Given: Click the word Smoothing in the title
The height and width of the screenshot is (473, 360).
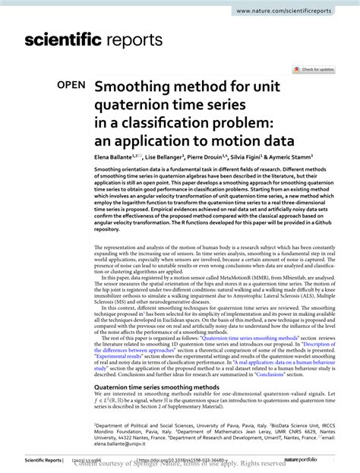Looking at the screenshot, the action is coord(134,87).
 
